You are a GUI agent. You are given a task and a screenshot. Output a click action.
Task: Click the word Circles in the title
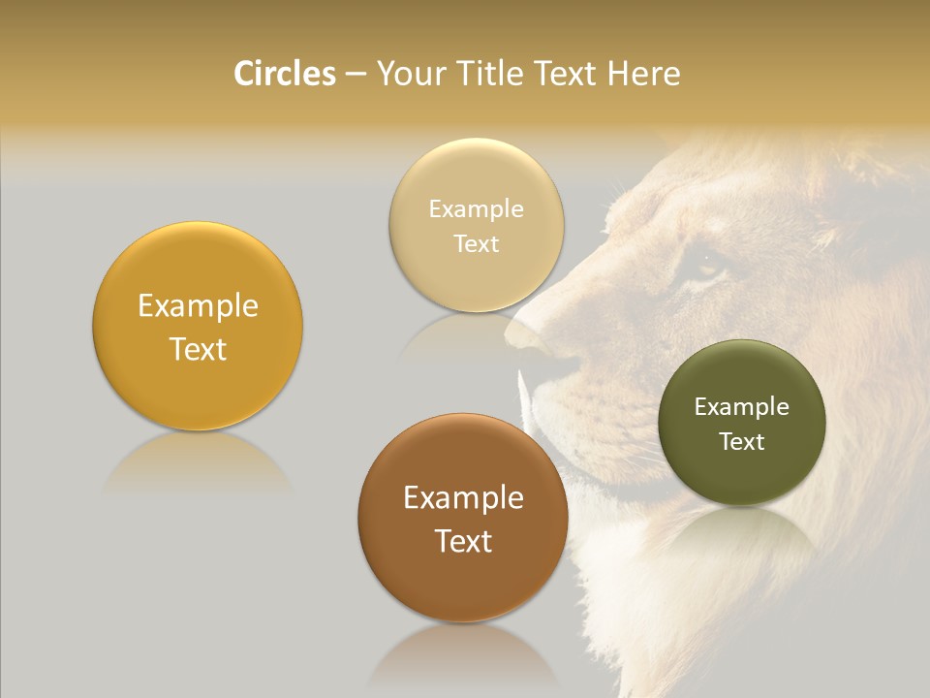pos(285,74)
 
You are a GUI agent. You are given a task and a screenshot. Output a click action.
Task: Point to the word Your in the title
pos(411,74)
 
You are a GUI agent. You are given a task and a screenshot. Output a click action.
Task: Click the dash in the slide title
pos(356,75)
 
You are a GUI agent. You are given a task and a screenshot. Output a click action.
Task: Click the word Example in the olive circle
pos(742,407)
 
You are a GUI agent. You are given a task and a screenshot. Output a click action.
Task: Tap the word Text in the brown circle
pos(463,541)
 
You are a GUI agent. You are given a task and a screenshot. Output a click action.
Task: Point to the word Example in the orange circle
pos(198,306)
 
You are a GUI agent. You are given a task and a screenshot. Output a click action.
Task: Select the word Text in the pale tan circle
pos(477,243)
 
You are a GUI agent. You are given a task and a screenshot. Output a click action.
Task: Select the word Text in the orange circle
pos(198,349)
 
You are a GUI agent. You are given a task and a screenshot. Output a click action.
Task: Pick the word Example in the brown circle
pos(463,498)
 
